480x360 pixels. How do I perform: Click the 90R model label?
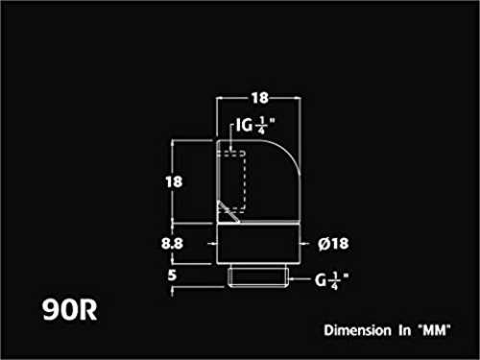coord(70,309)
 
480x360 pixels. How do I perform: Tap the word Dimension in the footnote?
coord(357,330)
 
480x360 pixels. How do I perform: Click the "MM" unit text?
coord(435,330)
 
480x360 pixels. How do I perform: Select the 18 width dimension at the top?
coord(259,98)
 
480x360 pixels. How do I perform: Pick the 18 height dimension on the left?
coord(174,181)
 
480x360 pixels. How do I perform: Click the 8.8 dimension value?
coord(172,244)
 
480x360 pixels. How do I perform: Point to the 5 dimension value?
coord(172,276)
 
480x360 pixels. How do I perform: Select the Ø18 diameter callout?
coord(333,244)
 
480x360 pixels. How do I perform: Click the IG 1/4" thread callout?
coord(255,125)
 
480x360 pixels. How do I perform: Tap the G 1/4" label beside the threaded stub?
coord(331,280)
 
